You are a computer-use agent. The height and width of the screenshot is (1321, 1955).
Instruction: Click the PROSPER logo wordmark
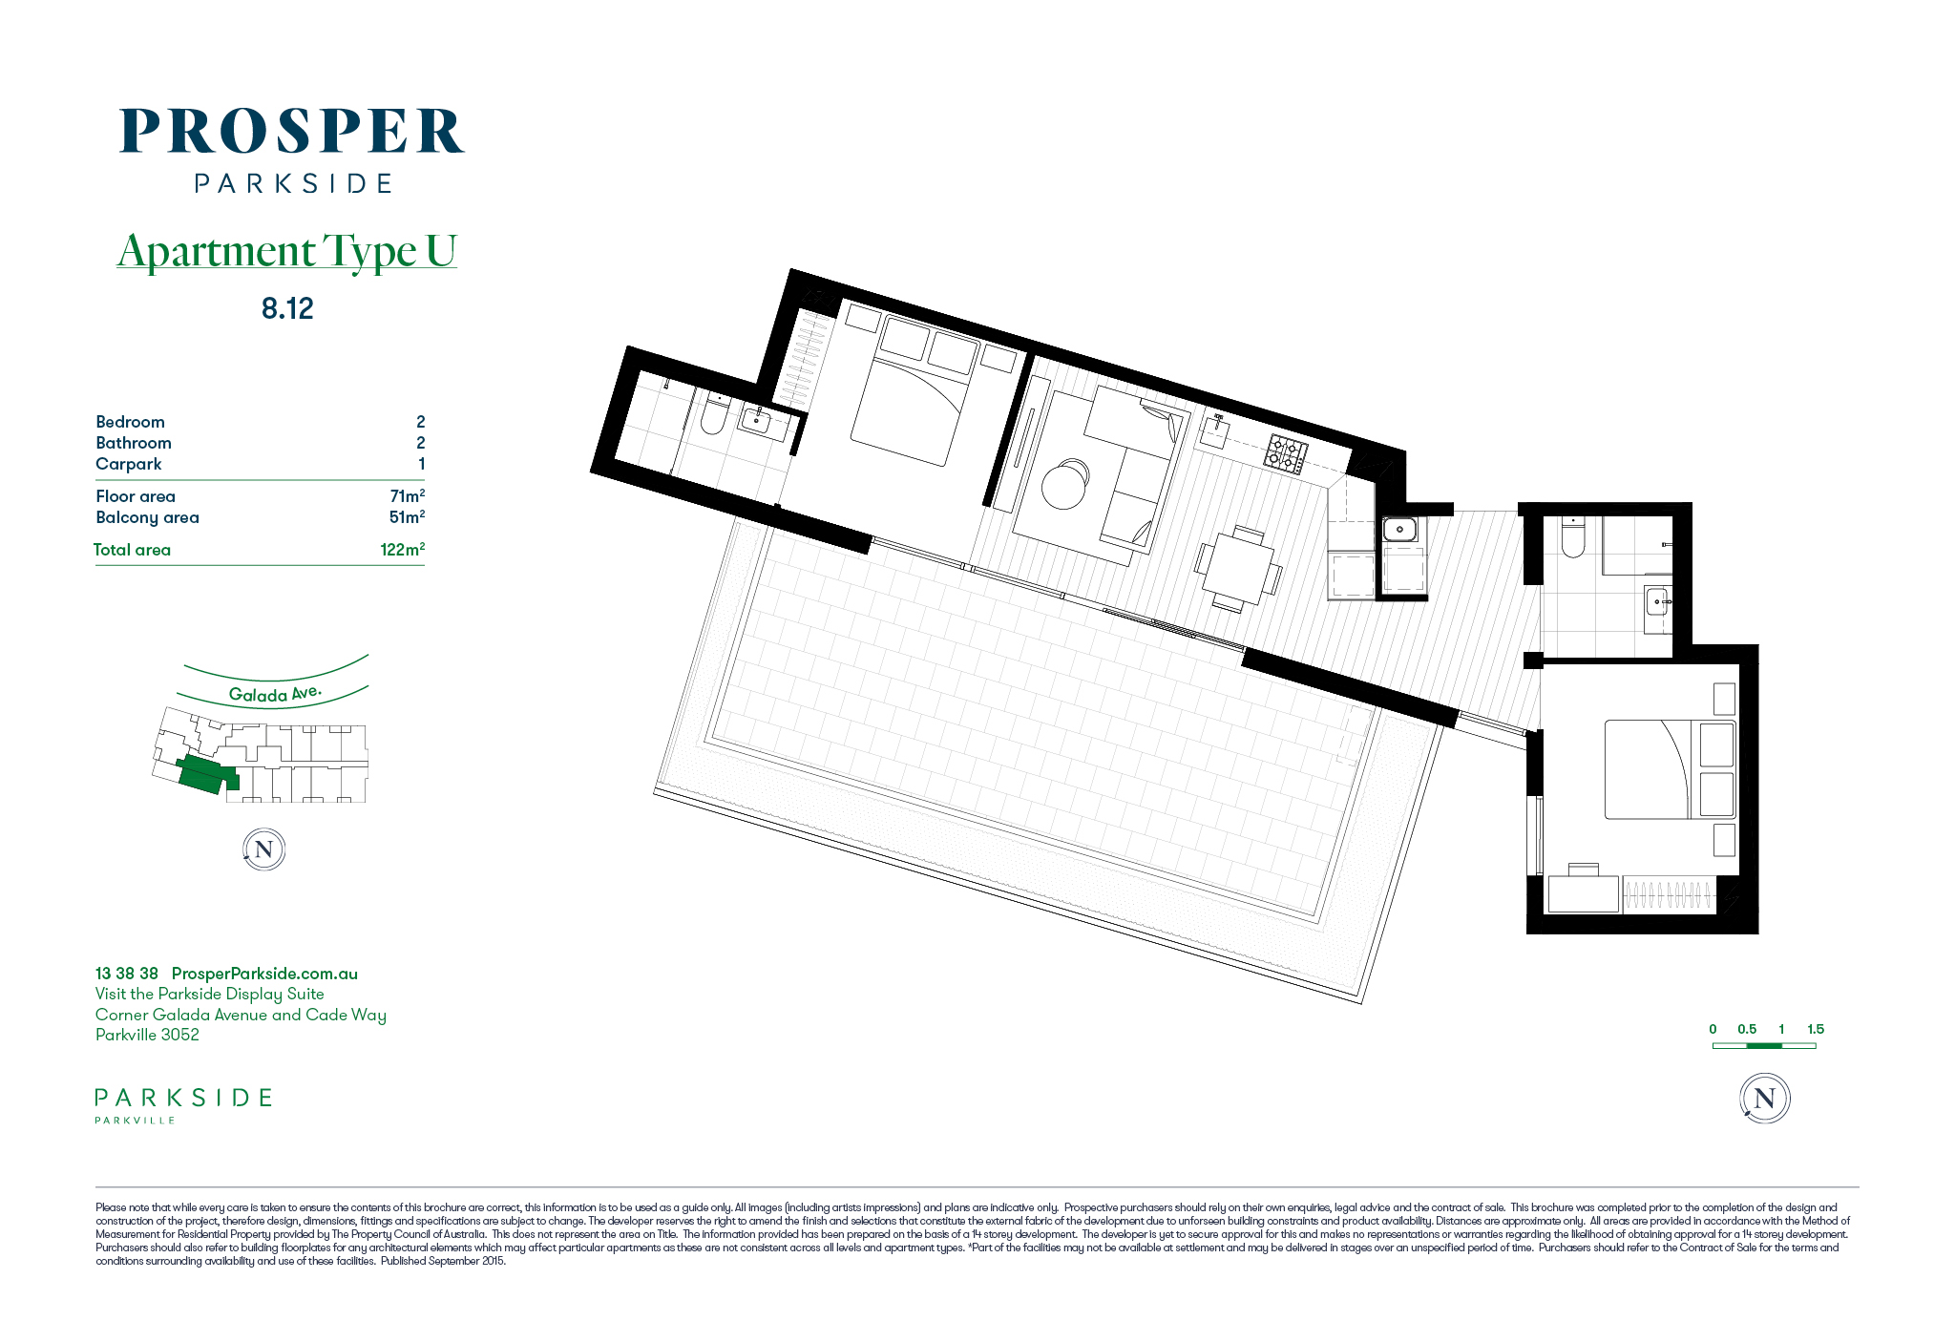point(292,132)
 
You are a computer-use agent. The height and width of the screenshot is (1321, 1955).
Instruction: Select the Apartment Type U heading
point(286,251)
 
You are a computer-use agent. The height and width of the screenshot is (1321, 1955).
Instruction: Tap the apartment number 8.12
point(287,308)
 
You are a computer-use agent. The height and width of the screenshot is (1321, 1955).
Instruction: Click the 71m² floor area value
point(408,495)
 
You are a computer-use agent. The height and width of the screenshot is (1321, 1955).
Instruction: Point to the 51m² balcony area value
point(407,516)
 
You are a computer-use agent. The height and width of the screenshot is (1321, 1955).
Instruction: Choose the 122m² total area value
point(403,549)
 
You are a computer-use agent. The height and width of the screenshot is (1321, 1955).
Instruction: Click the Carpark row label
point(129,464)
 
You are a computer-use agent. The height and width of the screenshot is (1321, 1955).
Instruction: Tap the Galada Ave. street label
point(275,694)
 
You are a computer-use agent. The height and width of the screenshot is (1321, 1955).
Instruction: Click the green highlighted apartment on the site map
point(206,775)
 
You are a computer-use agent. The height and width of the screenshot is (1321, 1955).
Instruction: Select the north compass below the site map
point(264,849)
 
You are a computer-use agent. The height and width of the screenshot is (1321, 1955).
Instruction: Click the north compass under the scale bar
point(1764,1099)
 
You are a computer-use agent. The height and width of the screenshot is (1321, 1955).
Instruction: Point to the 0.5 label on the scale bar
point(1747,1029)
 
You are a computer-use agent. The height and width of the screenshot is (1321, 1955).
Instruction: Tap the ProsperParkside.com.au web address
point(264,974)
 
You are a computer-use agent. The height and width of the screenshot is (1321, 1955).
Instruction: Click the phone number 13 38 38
point(127,974)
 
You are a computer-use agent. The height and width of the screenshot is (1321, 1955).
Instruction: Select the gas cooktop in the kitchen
point(1286,454)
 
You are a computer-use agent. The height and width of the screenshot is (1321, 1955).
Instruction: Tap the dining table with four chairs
point(1238,569)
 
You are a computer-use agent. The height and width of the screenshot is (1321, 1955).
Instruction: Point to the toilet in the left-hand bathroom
point(714,414)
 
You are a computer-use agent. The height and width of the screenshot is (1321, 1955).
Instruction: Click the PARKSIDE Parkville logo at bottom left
point(183,1105)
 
